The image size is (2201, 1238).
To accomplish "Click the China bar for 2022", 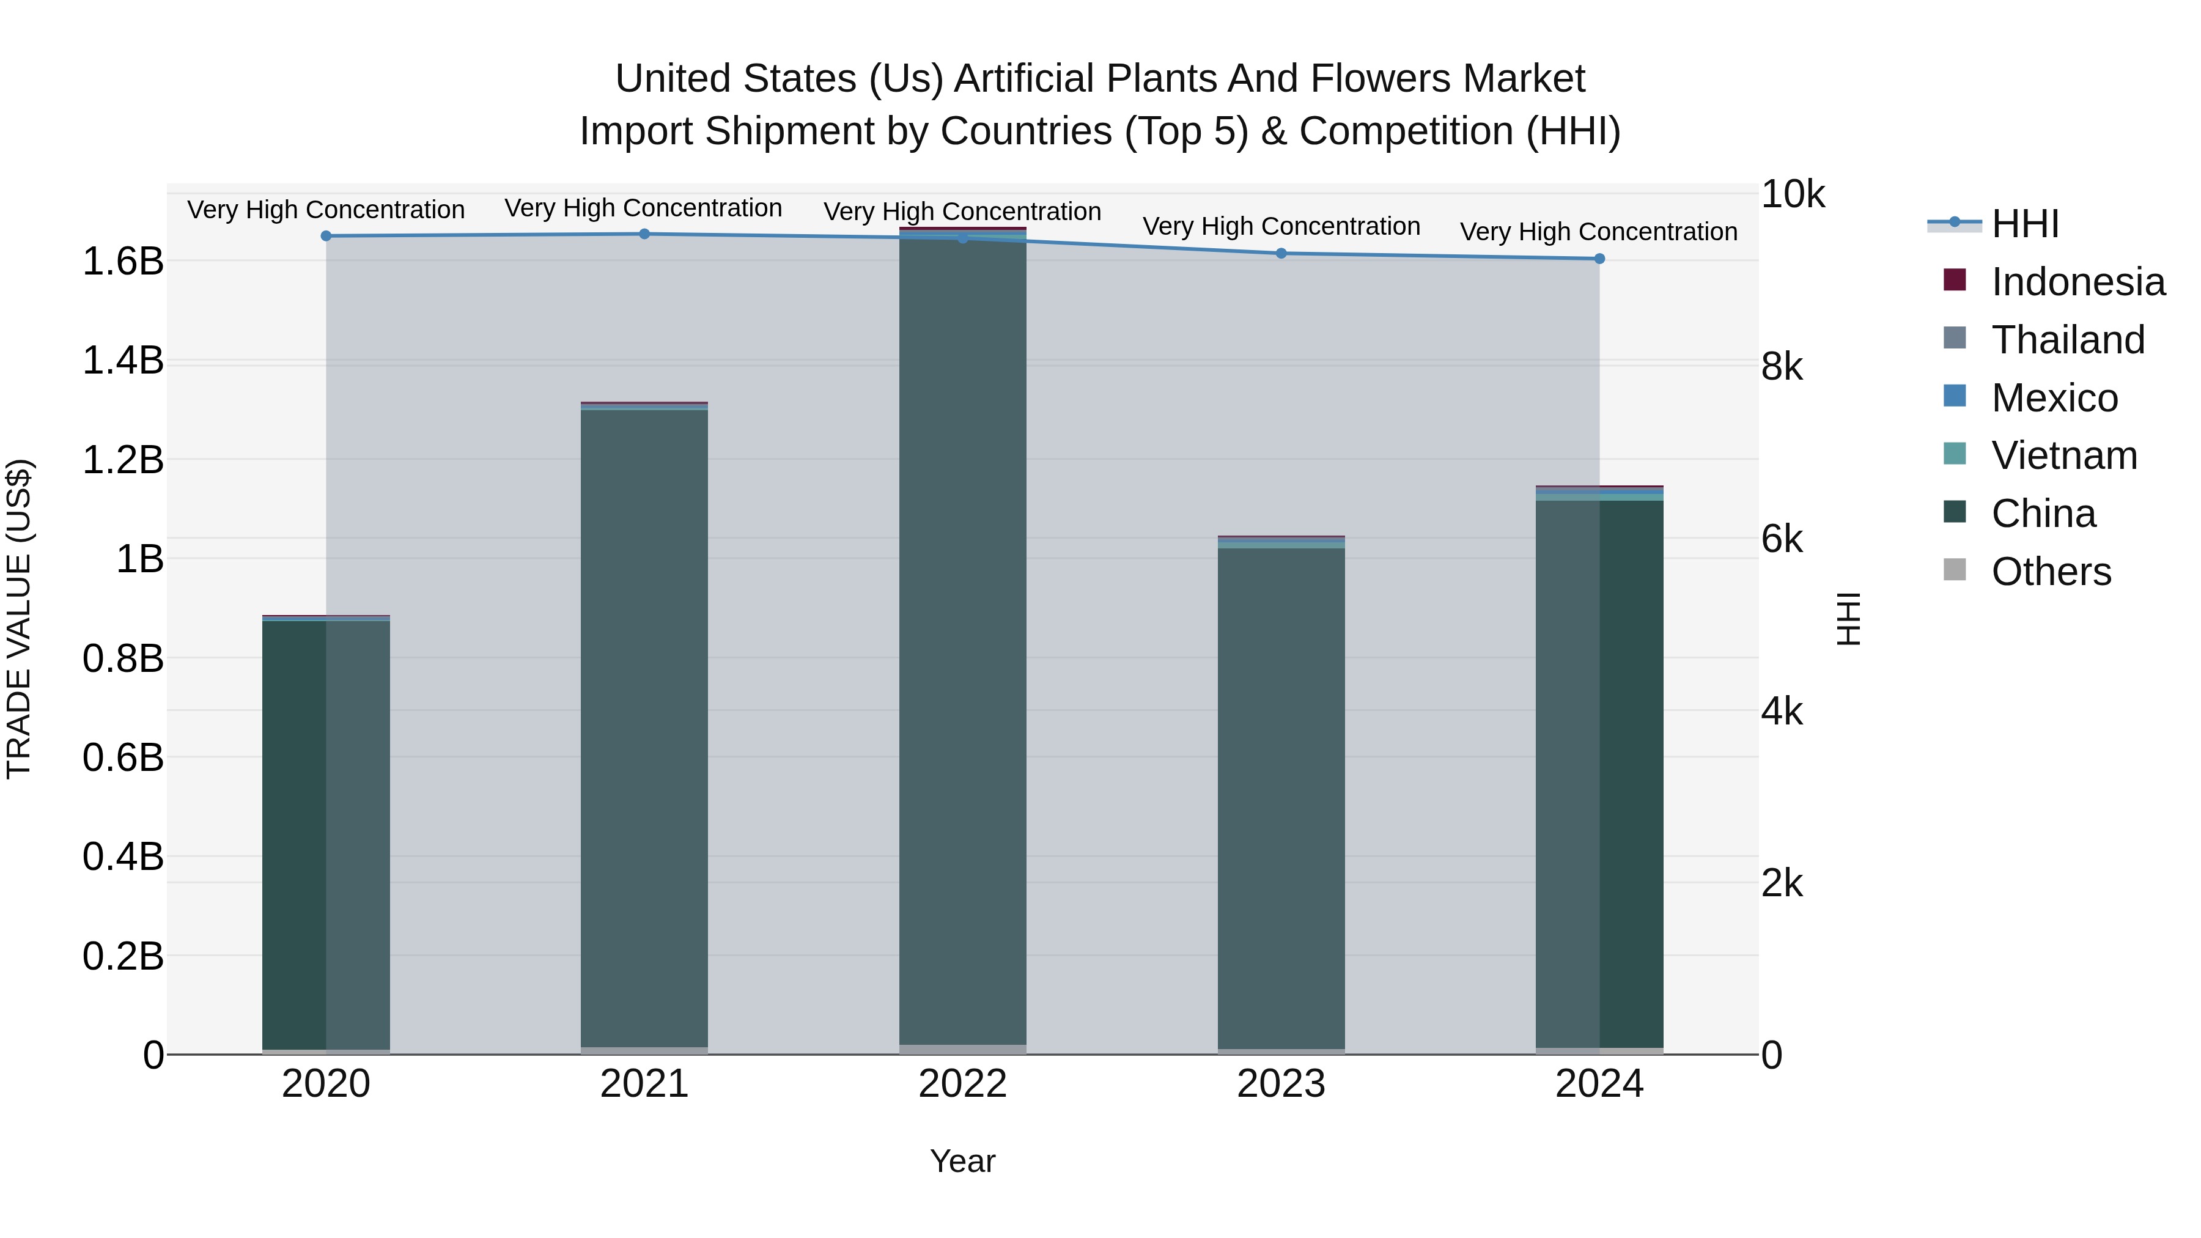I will point(962,641).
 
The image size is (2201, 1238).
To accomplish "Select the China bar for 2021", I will point(644,726).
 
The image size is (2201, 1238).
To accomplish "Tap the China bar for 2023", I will point(1281,795).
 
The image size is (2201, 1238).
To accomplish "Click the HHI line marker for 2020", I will point(325,236).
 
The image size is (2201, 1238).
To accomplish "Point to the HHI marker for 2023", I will point(1281,253).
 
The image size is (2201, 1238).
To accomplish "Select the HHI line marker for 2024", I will point(1599,259).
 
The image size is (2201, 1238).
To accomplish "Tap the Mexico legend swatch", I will point(1954,396).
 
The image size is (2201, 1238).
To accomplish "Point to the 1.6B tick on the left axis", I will point(123,262).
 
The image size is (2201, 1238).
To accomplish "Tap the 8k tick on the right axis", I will point(1782,367).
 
